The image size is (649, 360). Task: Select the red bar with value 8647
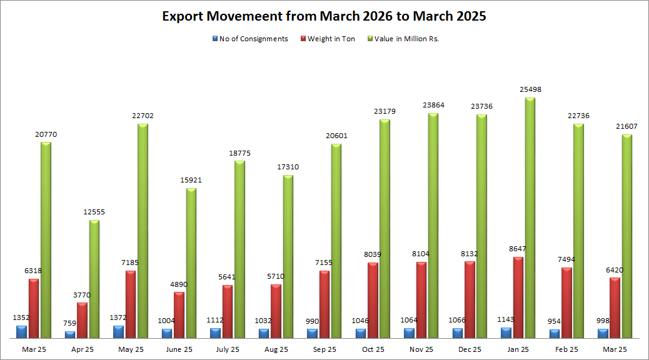[518, 297]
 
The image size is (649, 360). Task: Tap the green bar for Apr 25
[94, 279]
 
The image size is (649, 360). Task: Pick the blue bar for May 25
[118, 332]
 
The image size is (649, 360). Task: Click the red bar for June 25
[179, 315]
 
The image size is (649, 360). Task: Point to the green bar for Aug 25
[288, 256]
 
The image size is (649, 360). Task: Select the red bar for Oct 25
[373, 300]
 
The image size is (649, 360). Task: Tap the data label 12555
[94, 212]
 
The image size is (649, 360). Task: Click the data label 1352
[22, 317]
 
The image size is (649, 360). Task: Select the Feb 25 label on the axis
[566, 349]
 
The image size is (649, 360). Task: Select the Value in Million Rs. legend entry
[406, 39]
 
